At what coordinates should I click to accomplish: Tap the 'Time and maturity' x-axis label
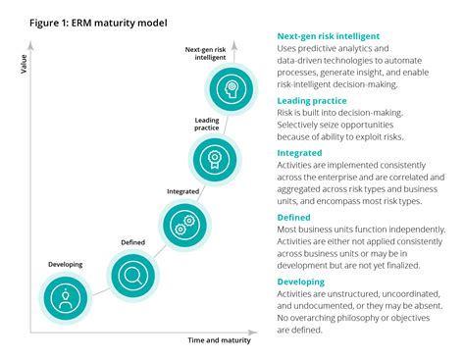220,340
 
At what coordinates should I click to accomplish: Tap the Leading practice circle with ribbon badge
215,156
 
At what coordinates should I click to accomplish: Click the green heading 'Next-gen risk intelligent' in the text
331,34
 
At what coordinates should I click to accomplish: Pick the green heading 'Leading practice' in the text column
311,100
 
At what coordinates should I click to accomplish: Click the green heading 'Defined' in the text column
296,217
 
